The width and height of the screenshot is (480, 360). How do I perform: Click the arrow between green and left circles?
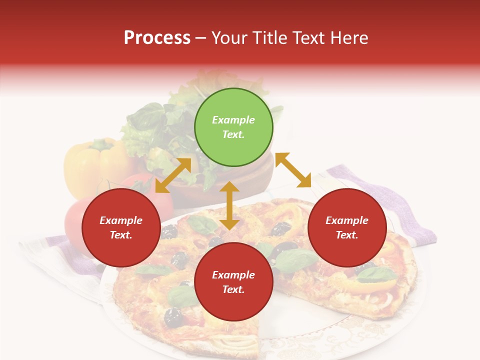click(173, 175)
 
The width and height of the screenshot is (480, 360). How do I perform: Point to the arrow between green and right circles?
click(293, 170)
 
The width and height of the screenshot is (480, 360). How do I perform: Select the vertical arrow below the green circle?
click(229, 205)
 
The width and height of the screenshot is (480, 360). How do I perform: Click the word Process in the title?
click(157, 38)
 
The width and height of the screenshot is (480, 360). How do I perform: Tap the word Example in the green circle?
click(233, 120)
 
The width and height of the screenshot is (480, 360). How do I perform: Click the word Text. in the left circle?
click(121, 235)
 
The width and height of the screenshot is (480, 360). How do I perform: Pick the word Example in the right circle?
click(347, 220)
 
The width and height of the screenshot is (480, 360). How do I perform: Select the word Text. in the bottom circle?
click(233, 289)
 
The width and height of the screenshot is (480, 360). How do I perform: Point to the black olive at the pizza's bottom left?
click(173, 316)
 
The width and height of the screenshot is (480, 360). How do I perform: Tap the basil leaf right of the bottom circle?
click(295, 260)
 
